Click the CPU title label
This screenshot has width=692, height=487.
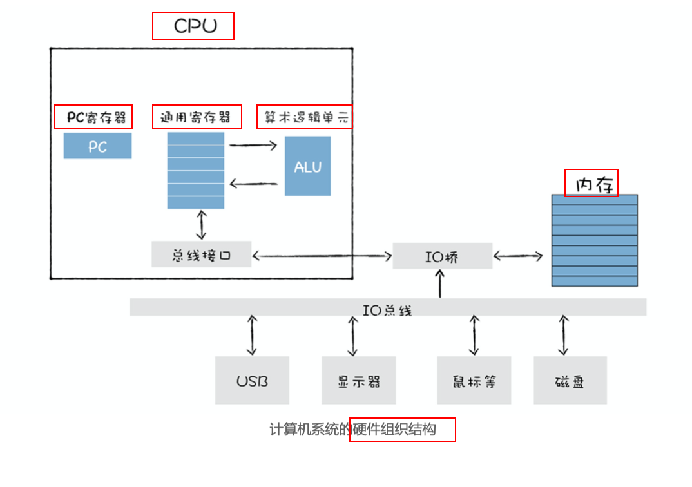pos(193,26)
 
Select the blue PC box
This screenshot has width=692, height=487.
pos(97,146)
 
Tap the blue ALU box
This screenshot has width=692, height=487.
pos(307,166)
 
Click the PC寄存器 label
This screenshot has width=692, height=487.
pos(93,117)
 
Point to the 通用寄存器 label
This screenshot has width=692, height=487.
pos(197,117)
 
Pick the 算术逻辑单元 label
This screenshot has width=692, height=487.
pos(305,117)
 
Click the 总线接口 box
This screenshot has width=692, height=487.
pos(201,254)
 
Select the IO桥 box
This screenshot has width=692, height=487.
pos(442,256)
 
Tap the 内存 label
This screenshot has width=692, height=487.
pos(591,184)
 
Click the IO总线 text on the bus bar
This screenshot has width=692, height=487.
pos(387,309)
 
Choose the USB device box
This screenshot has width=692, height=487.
pos(252,381)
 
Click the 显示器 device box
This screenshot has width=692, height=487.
pos(359,381)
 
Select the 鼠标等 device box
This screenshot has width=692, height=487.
pos(474,381)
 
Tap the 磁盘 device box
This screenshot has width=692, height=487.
pos(570,381)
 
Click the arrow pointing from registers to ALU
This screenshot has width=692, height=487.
pos(253,145)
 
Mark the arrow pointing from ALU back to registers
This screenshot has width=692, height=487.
pos(253,184)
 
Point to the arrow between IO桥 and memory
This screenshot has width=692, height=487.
pos(518,256)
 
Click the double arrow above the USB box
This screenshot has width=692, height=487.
pos(252,335)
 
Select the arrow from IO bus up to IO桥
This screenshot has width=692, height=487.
pos(440,283)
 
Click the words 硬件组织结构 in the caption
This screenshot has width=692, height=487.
pos(403,430)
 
